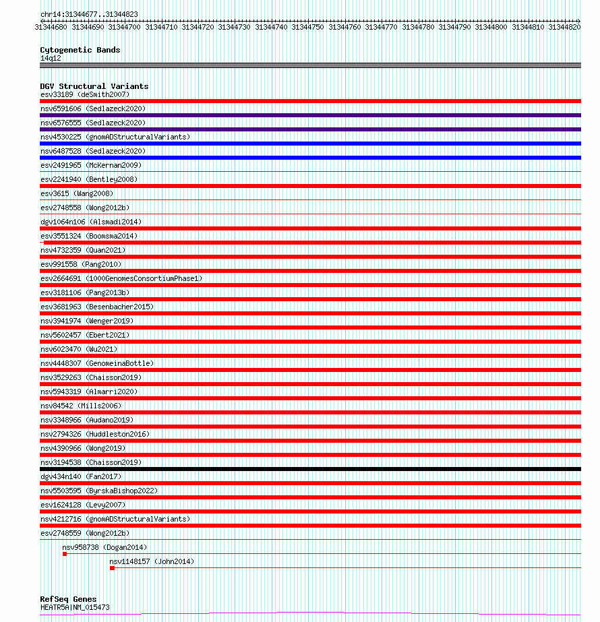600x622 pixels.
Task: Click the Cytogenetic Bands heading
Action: point(80,50)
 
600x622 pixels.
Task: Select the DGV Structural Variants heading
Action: point(94,86)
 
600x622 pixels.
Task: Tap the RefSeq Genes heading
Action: point(68,599)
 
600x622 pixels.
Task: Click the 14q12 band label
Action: point(51,58)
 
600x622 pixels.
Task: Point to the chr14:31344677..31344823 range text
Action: point(80,14)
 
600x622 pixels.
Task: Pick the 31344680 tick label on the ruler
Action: point(51,27)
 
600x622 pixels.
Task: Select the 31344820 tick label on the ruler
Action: point(564,27)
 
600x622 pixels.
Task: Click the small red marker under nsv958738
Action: point(65,554)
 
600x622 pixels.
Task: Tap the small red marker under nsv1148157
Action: point(112,568)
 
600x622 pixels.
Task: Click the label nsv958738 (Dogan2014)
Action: point(104,547)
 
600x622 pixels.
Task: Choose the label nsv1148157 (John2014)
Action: point(151,561)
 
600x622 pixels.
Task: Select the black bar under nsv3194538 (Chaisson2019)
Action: point(310,469)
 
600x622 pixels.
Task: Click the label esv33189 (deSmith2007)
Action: point(84,94)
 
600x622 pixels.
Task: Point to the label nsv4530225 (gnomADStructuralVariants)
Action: point(115,137)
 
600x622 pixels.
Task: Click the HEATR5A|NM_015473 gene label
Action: point(74,607)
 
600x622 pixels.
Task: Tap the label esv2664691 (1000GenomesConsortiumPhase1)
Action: point(121,278)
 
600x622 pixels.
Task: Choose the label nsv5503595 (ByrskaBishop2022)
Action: point(98,491)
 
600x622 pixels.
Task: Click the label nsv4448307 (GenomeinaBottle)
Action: point(96,363)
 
